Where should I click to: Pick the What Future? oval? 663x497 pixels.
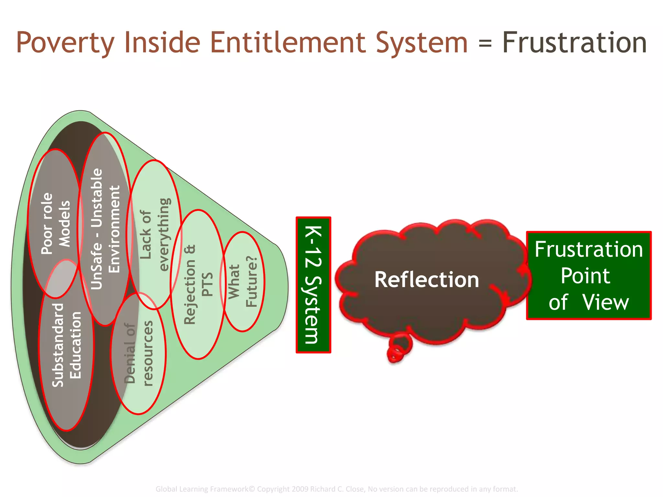pyautogui.click(x=243, y=282)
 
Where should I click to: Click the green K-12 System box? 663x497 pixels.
pyautogui.click(x=313, y=285)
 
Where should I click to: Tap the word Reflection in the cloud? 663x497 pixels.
pyautogui.click(x=426, y=280)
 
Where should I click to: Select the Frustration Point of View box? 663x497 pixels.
pyautogui.click(x=588, y=275)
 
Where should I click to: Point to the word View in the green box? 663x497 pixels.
pyautogui.click(x=605, y=303)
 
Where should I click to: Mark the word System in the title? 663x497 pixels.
pyautogui.click(x=421, y=43)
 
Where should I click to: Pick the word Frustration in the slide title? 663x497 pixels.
pyautogui.click(x=574, y=43)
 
